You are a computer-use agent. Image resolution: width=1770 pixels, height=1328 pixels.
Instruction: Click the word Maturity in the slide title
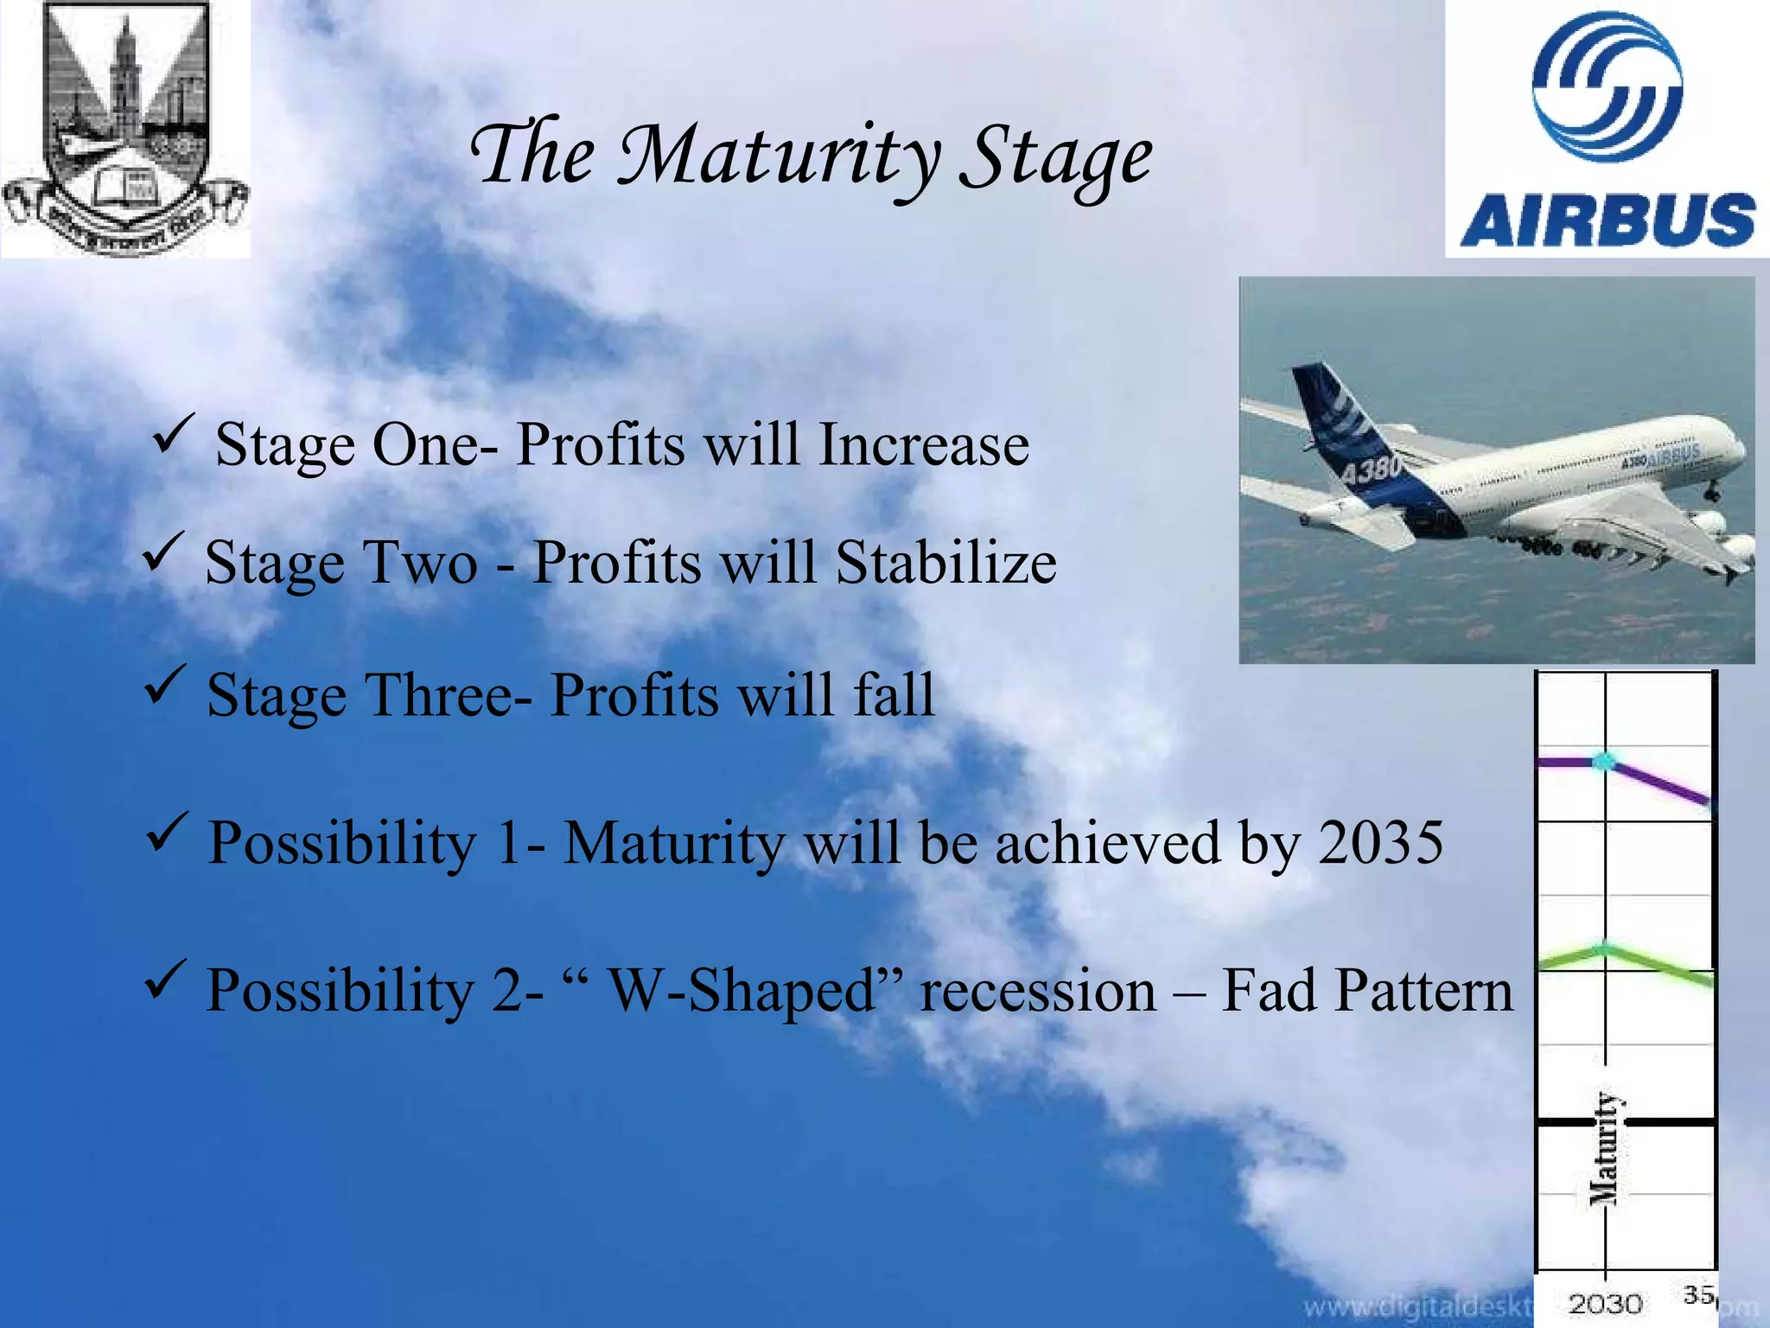778,156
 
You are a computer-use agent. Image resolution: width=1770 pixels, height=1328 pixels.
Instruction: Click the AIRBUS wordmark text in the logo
1608,220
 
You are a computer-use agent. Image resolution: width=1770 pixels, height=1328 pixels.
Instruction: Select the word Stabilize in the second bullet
945,563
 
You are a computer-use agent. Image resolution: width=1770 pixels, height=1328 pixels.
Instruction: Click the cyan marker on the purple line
1604,762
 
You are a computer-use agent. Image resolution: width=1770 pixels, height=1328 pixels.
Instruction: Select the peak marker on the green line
1604,949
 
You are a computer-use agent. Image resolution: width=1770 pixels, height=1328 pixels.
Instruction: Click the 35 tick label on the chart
1698,1295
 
